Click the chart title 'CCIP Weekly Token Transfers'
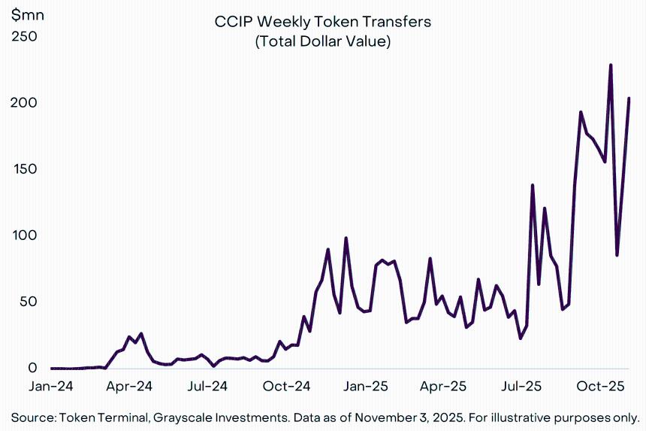coord(323,22)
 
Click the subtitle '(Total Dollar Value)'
coord(323,42)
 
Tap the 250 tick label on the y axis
coord(24,36)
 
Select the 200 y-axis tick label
coord(24,102)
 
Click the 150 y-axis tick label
coord(24,169)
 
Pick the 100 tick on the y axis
coord(24,235)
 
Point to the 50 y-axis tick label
coord(27,302)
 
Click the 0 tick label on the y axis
coord(32,368)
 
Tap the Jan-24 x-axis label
coord(52,387)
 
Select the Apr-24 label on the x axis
coord(130,387)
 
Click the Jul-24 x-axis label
coord(208,387)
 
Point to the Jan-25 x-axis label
coord(367,387)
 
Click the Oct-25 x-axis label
coord(601,387)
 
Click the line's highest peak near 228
coord(611,65)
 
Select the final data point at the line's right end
coord(629,99)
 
